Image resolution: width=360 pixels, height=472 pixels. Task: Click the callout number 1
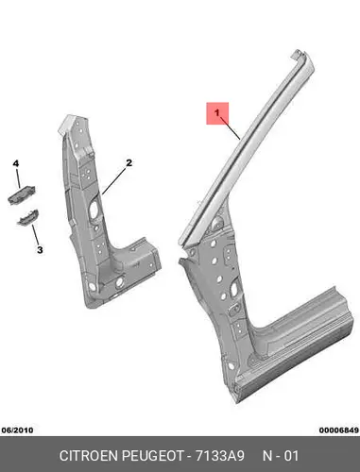[217, 112]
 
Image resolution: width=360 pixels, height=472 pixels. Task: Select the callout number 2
[129, 163]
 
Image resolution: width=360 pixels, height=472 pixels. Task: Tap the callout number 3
[40, 250]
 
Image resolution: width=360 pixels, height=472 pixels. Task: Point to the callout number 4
[16, 163]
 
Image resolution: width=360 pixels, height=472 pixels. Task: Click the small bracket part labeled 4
[22, 195]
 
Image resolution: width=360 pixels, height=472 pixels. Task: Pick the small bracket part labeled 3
[27, 217]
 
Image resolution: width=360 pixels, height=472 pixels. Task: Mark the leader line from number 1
[230, 127]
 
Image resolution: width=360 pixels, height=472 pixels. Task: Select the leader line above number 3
[35, 235]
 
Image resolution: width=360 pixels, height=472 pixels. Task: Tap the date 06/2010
[17, 430]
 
